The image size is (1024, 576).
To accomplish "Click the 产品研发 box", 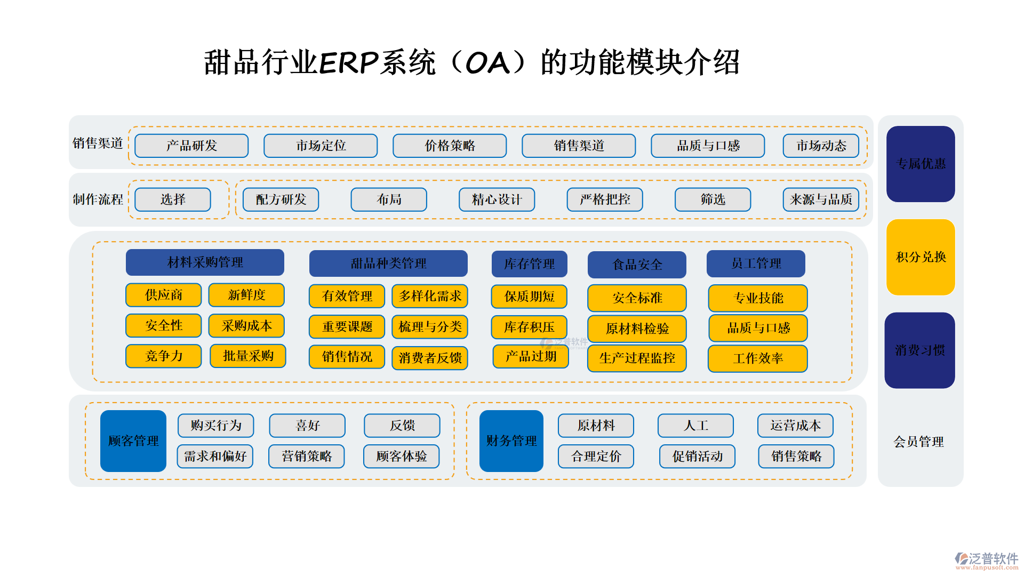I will click(x=191, y=146).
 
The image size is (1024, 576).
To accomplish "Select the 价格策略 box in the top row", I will click(x=450, y=146).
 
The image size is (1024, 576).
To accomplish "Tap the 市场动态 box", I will click(x=821, y=146).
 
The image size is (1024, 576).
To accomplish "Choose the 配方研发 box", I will click(x=281, y=199).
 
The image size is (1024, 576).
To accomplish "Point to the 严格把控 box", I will click(x=605, y=199).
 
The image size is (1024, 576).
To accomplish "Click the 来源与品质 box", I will click(x=821, y=199).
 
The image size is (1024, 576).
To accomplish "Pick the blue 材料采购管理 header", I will click(x=205, y=262).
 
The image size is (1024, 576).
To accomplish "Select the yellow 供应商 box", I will click(x=164, y=295).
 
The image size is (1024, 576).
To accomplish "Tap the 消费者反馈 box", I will click(x=430, y=358).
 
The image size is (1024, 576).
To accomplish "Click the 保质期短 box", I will click(x=529, y=297).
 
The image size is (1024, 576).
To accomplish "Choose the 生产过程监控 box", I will click(x=637, y=358).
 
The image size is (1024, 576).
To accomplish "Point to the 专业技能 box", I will click(x=758, y=298).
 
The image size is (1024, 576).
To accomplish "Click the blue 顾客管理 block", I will click(x=133, y=441).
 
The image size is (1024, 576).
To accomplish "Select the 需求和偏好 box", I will click(x=215, y=457).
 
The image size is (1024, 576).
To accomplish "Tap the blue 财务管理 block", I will click(x=511, y=441).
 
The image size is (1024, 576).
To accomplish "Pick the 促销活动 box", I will click(x=697, y=457).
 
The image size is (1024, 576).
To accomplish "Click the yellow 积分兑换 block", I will click(x=921, y=257).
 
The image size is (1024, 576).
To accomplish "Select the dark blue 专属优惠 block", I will click(x=921, y=164).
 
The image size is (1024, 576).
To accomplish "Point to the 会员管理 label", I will click(x=918, y=442).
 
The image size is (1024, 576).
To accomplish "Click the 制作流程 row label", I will click(x=98, y=199).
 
